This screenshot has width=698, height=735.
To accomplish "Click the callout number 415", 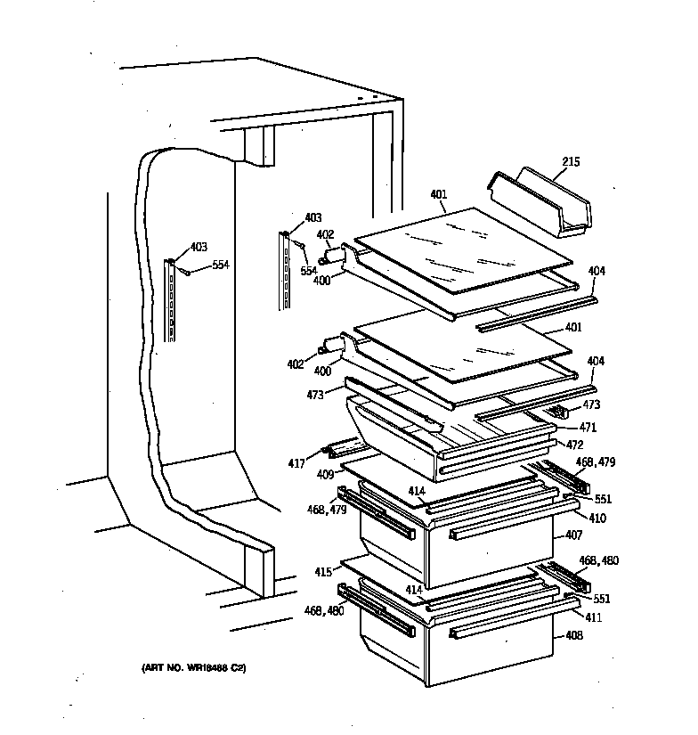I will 322,571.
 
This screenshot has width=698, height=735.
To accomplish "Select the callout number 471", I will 588,428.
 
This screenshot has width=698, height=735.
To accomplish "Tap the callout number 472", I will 575,443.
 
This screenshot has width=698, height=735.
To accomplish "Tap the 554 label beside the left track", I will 221,265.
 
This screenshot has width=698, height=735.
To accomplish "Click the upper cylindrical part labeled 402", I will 336,256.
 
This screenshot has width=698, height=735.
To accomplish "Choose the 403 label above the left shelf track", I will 199,248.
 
